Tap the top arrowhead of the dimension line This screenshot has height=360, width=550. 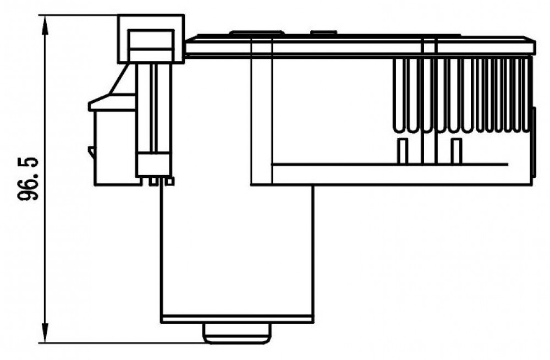click(45, 25)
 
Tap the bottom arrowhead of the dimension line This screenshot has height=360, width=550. click(45, 333)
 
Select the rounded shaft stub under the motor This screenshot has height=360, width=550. click(237, 334)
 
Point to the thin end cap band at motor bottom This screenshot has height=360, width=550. click(237, 320)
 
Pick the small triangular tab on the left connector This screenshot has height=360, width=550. click(91, 152)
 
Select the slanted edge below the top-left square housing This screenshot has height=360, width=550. click(119, 79)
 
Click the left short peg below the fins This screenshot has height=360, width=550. click(403, 151)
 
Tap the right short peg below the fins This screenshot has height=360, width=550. click(456, 151)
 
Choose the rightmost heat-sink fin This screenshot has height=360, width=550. click(525, 95)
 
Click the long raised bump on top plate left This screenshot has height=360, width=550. click(257, 32)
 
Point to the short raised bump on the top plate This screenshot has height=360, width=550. click(323, 32)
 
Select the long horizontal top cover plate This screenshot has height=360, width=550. click(360, 46)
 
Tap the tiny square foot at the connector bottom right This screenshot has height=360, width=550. click(170, 181)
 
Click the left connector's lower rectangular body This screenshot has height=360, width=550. click(115, 148)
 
